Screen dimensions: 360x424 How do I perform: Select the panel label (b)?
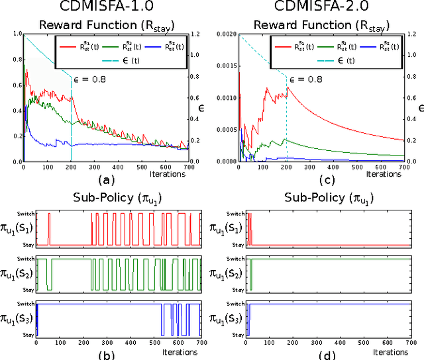coord(107,353)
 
